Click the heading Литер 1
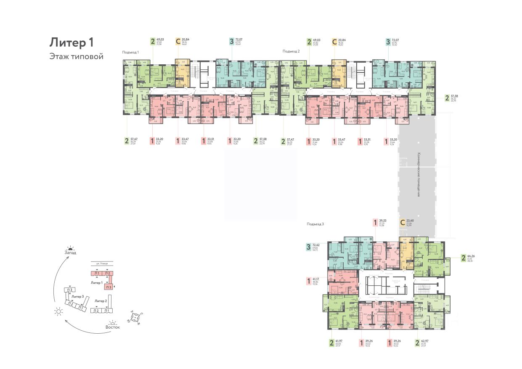click(71, 42)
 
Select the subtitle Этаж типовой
click(76, 56)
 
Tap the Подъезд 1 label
click(130, 52)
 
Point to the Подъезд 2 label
click(291, 51)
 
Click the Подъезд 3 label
click(315, 224)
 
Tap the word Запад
click(71, 253)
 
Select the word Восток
click(112, 327)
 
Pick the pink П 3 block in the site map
click(109, 287)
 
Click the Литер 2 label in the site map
click(101, 301)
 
